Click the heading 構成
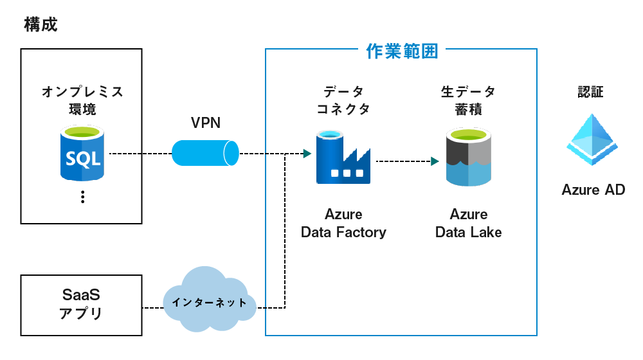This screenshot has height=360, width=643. [41, 25]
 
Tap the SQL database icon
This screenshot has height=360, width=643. [82, 153]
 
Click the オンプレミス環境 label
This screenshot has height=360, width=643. [82, 100]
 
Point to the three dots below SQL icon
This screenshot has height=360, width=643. [82, 197]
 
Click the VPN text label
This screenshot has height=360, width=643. [206, 123]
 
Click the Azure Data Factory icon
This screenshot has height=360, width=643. [343, 157]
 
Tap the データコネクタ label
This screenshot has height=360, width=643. [343, 100]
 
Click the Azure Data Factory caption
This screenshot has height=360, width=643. [343, 223]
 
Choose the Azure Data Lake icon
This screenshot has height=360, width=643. [469, 157]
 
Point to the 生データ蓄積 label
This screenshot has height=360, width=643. [469, 100]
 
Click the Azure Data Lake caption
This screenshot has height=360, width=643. [469, 223]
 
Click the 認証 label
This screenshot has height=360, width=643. [591, 92]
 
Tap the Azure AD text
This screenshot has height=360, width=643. [593, 190]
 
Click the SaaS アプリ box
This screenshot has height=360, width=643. [82, 305]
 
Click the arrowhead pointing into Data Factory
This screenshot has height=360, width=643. [307, 154]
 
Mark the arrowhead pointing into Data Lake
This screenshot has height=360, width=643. [435, 161]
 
